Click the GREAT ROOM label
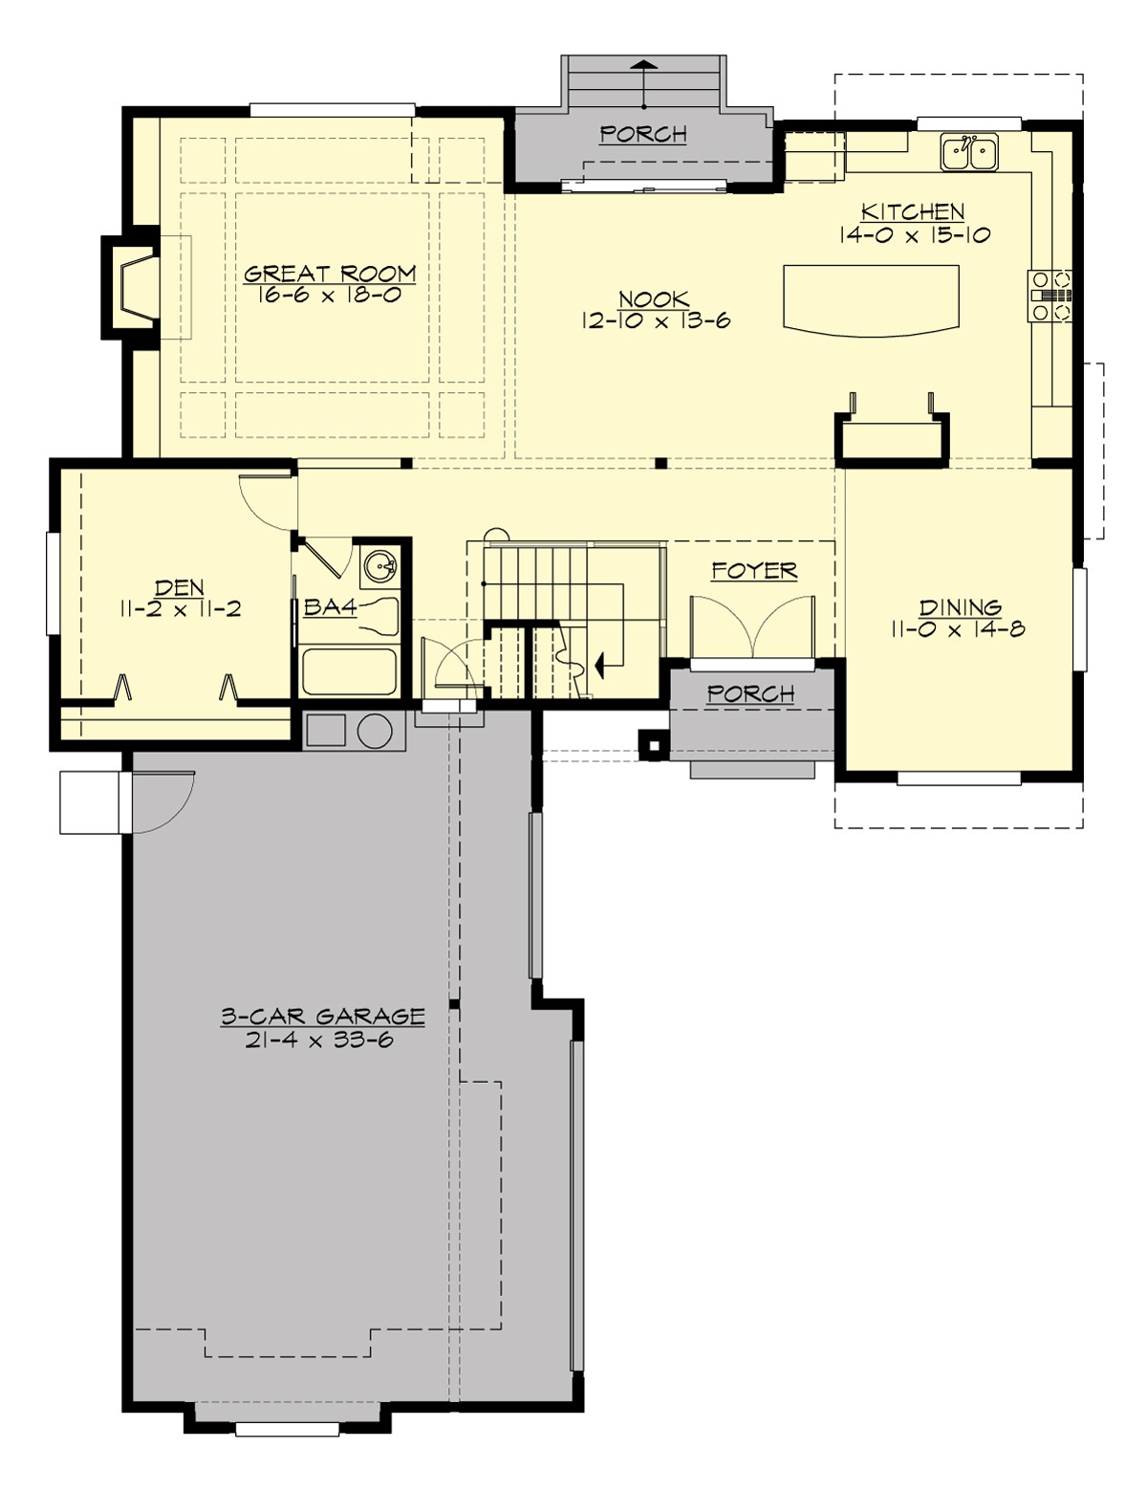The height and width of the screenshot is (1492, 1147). pyautogui.click(x=330, y=274)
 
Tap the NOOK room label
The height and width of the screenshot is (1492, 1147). pyautogui.click(x=655, y=299)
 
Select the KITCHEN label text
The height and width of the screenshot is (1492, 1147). pyautogui.click(x=913, y=211)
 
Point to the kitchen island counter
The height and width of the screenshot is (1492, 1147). pyautogui.click(x=870, y=298)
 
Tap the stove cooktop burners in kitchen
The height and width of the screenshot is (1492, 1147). pyautogui.click(x=1050, y=296)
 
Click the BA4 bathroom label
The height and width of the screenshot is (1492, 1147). pyautogui.click(x=330, y=606)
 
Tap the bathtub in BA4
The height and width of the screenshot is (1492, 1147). pyautogui.click(x=349, y=672)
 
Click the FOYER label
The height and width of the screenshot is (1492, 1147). pyautogui.click(x=753, y=571)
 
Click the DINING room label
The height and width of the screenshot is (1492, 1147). pyautogui.click(x=960, y=607)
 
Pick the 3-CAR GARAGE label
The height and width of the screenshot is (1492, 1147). pyautogui.click(x=322, y=1016)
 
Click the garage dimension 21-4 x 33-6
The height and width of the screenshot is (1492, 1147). pyautogui.click(x=319, y=1042)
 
